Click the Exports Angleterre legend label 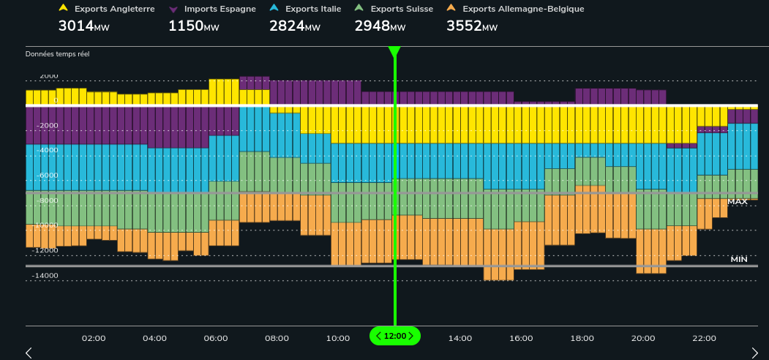pyautogui.click(x=114, y=9)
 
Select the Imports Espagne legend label pyautogui.click(x=220, y=9)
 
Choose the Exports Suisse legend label pyautogui.click(x=402, y=9)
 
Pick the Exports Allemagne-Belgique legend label pyautogui.click(x=523, y=9)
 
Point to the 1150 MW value pyautogui.click(x=193, y=26)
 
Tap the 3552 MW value pyautogui.click(x=471, y=26)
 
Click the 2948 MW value pyautogui.click(x=380, y=26)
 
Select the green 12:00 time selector pyautogui.click(x=395, y=336)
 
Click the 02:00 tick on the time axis pyautogui.click(x=94, y=338)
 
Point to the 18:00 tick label pyautogui.click(x=582, y=338)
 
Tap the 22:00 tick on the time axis pyautogui.click(x=704, y=338)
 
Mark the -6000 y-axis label pyautogui.click(x=48, y=176)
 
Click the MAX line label pyautogui.click(x=737, y=201)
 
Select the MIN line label pyautogui.click(x=738, y=260)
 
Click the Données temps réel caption pyautogui.click(x=58, y=54)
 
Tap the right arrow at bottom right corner pyautogui.click(x=755, y=353)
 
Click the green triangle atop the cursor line pyautogui.click(x=394, y=51)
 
